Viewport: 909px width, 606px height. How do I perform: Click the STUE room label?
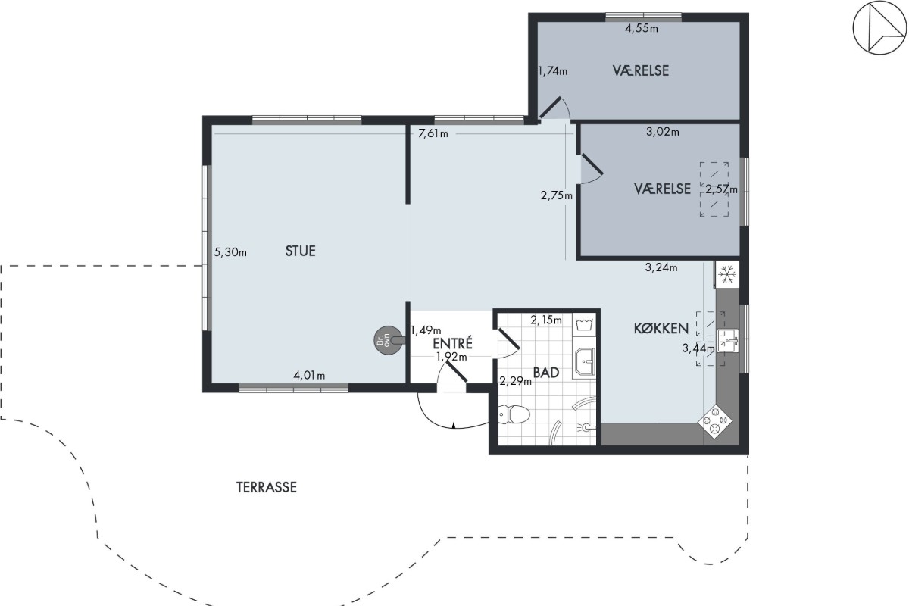[300, 251]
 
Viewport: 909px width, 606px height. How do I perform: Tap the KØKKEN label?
[661, 328]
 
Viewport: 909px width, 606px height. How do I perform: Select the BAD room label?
[546, 373]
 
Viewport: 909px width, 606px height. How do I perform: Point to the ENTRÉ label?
[452, 343]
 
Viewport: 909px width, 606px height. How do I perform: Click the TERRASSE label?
[267, 487]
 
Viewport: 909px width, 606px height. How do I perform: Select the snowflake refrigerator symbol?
[726, 274]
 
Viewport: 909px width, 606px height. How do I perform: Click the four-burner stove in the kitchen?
[715, 422]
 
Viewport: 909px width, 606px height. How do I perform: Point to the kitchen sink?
[728, 341]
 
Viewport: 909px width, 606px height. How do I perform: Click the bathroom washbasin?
[584, 363]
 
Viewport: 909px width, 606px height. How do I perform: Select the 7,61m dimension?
[433, 133]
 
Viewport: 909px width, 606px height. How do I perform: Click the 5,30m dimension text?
[230, 252]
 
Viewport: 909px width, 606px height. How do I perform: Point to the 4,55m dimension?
[642, 28]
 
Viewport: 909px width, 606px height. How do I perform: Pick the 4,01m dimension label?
[309, 376]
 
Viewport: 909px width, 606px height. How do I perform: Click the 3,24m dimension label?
[661, 267]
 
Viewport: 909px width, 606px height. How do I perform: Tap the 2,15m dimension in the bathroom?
[546, 320]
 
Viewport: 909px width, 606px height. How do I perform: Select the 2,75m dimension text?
[557, 195]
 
